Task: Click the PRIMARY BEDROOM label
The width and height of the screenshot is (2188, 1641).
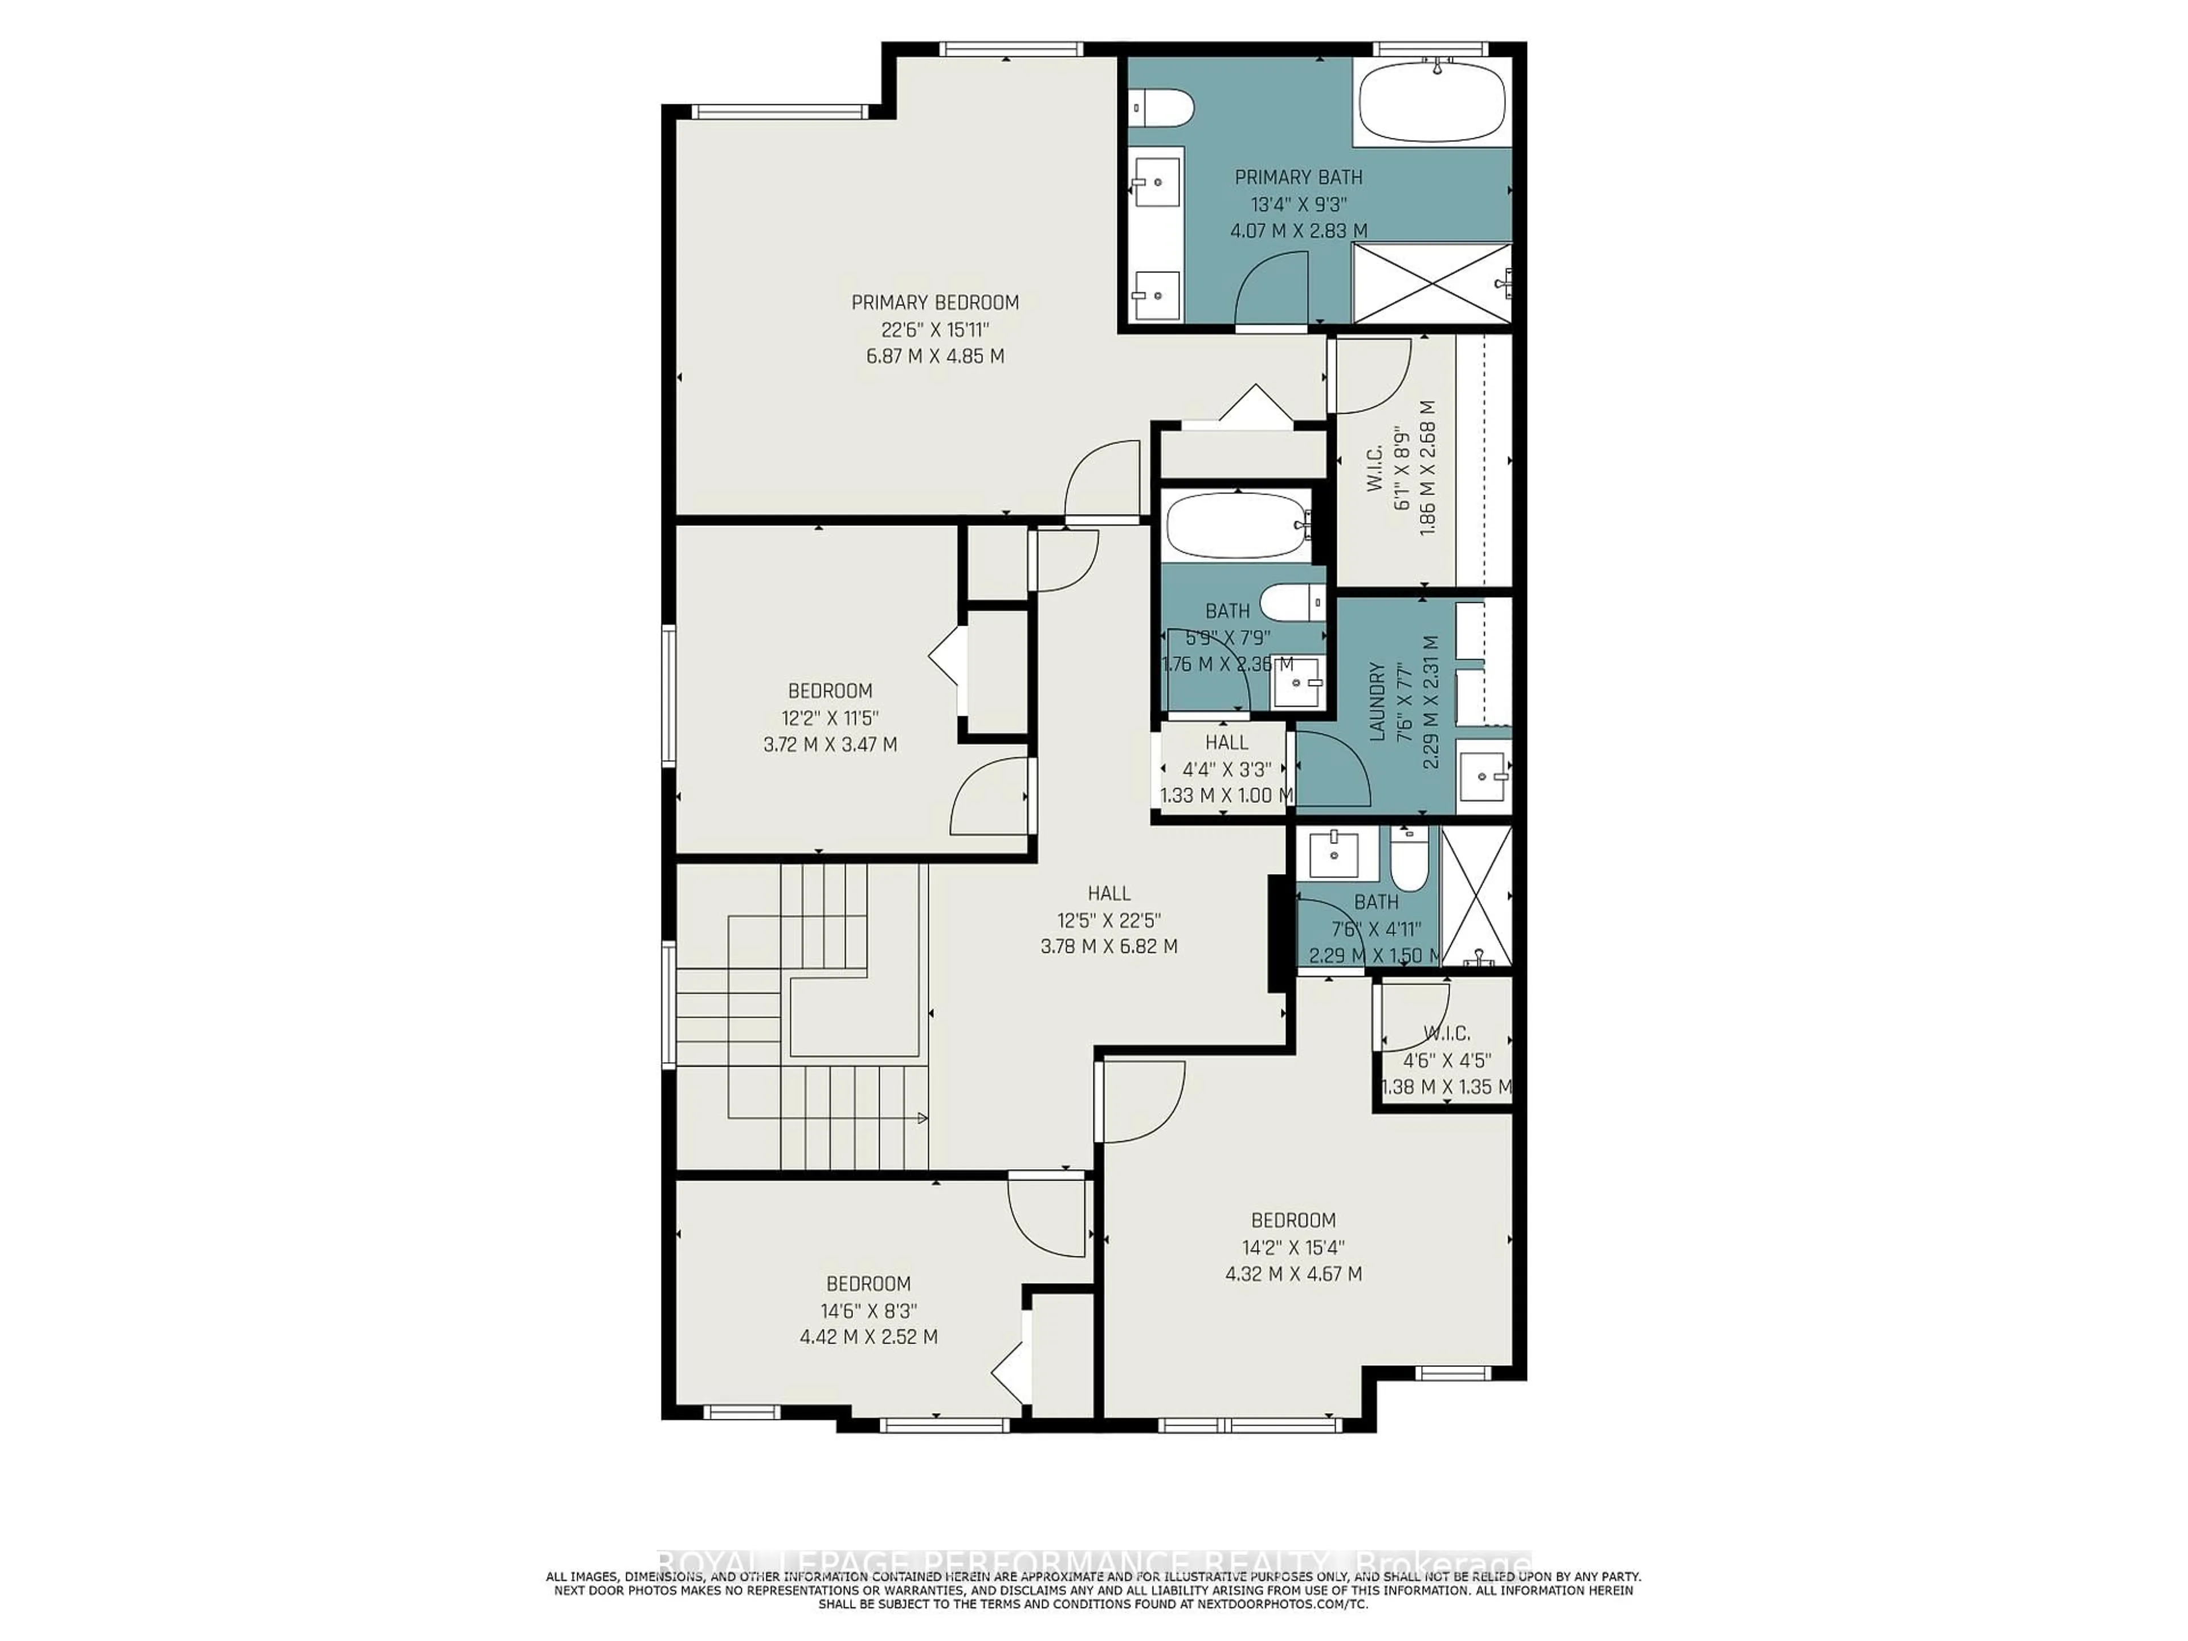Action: point(935,303)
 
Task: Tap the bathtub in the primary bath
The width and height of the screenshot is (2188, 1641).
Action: point(1432,104)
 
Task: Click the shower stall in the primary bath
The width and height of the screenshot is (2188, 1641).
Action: point(1431,283)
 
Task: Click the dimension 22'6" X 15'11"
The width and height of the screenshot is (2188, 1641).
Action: point(935,329)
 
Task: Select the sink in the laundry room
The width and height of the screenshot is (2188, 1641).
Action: point(1484,777)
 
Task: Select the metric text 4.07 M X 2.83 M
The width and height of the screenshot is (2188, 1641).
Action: point(1298,230)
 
